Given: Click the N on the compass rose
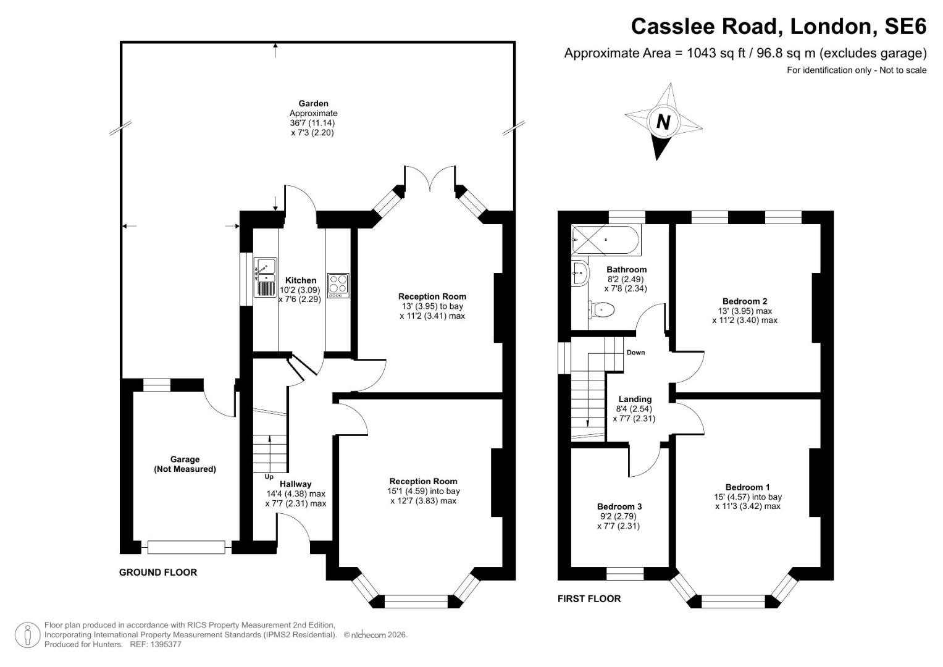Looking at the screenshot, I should coord(663,122).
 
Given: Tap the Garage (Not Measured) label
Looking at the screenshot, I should coord(185,464).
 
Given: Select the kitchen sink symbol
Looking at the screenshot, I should coord(266,277).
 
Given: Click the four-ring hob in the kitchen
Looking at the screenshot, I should coord(338,285).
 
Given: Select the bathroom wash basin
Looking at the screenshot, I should coord(579,272).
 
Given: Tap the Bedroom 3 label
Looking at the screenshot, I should coord(618,506).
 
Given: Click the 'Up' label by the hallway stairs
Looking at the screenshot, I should coord(269,477).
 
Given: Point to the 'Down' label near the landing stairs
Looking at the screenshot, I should coord(635,353).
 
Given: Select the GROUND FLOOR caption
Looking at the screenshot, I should coord(158,573).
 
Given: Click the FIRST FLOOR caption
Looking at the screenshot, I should coord(589,598).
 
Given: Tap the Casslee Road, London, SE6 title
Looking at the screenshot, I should coord(778,27).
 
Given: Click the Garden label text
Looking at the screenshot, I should coord(314,103).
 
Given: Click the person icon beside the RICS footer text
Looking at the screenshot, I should coord(28,635).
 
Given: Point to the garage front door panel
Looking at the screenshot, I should coord(186,547).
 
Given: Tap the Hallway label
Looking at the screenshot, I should coord(295,484).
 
